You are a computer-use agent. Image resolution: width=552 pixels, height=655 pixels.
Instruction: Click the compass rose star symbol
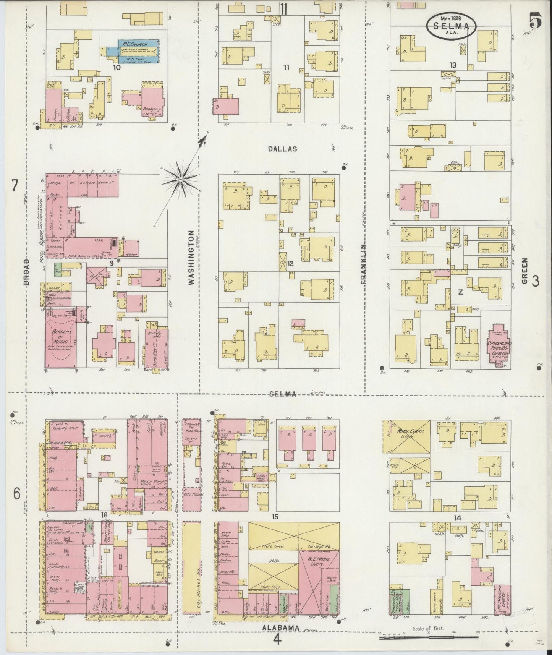(x=180, y=178)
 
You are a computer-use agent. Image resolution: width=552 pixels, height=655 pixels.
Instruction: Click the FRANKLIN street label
(x=363, y=264)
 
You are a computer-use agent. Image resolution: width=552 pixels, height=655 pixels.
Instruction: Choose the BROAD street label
(x=26, y=272)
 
